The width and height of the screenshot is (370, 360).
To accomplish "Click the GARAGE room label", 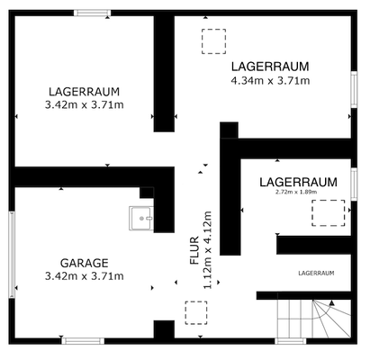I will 84,263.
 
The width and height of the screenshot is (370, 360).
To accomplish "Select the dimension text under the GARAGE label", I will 84,275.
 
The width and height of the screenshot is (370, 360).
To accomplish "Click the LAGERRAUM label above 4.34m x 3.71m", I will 270,67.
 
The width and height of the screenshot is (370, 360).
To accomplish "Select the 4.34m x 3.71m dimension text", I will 270,80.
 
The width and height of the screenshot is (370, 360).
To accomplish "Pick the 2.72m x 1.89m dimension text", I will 297,192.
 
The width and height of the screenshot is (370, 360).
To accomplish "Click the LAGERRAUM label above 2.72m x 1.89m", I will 297,181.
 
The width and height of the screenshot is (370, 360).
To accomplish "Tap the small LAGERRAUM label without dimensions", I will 315,272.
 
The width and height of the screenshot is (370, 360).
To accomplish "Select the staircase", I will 311,319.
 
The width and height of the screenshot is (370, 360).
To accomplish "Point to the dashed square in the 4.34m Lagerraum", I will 214,41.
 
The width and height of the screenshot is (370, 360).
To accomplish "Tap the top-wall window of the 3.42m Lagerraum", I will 92,13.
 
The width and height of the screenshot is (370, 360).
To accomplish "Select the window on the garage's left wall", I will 12,255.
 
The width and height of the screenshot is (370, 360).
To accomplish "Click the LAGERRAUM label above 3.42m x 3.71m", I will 84,92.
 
